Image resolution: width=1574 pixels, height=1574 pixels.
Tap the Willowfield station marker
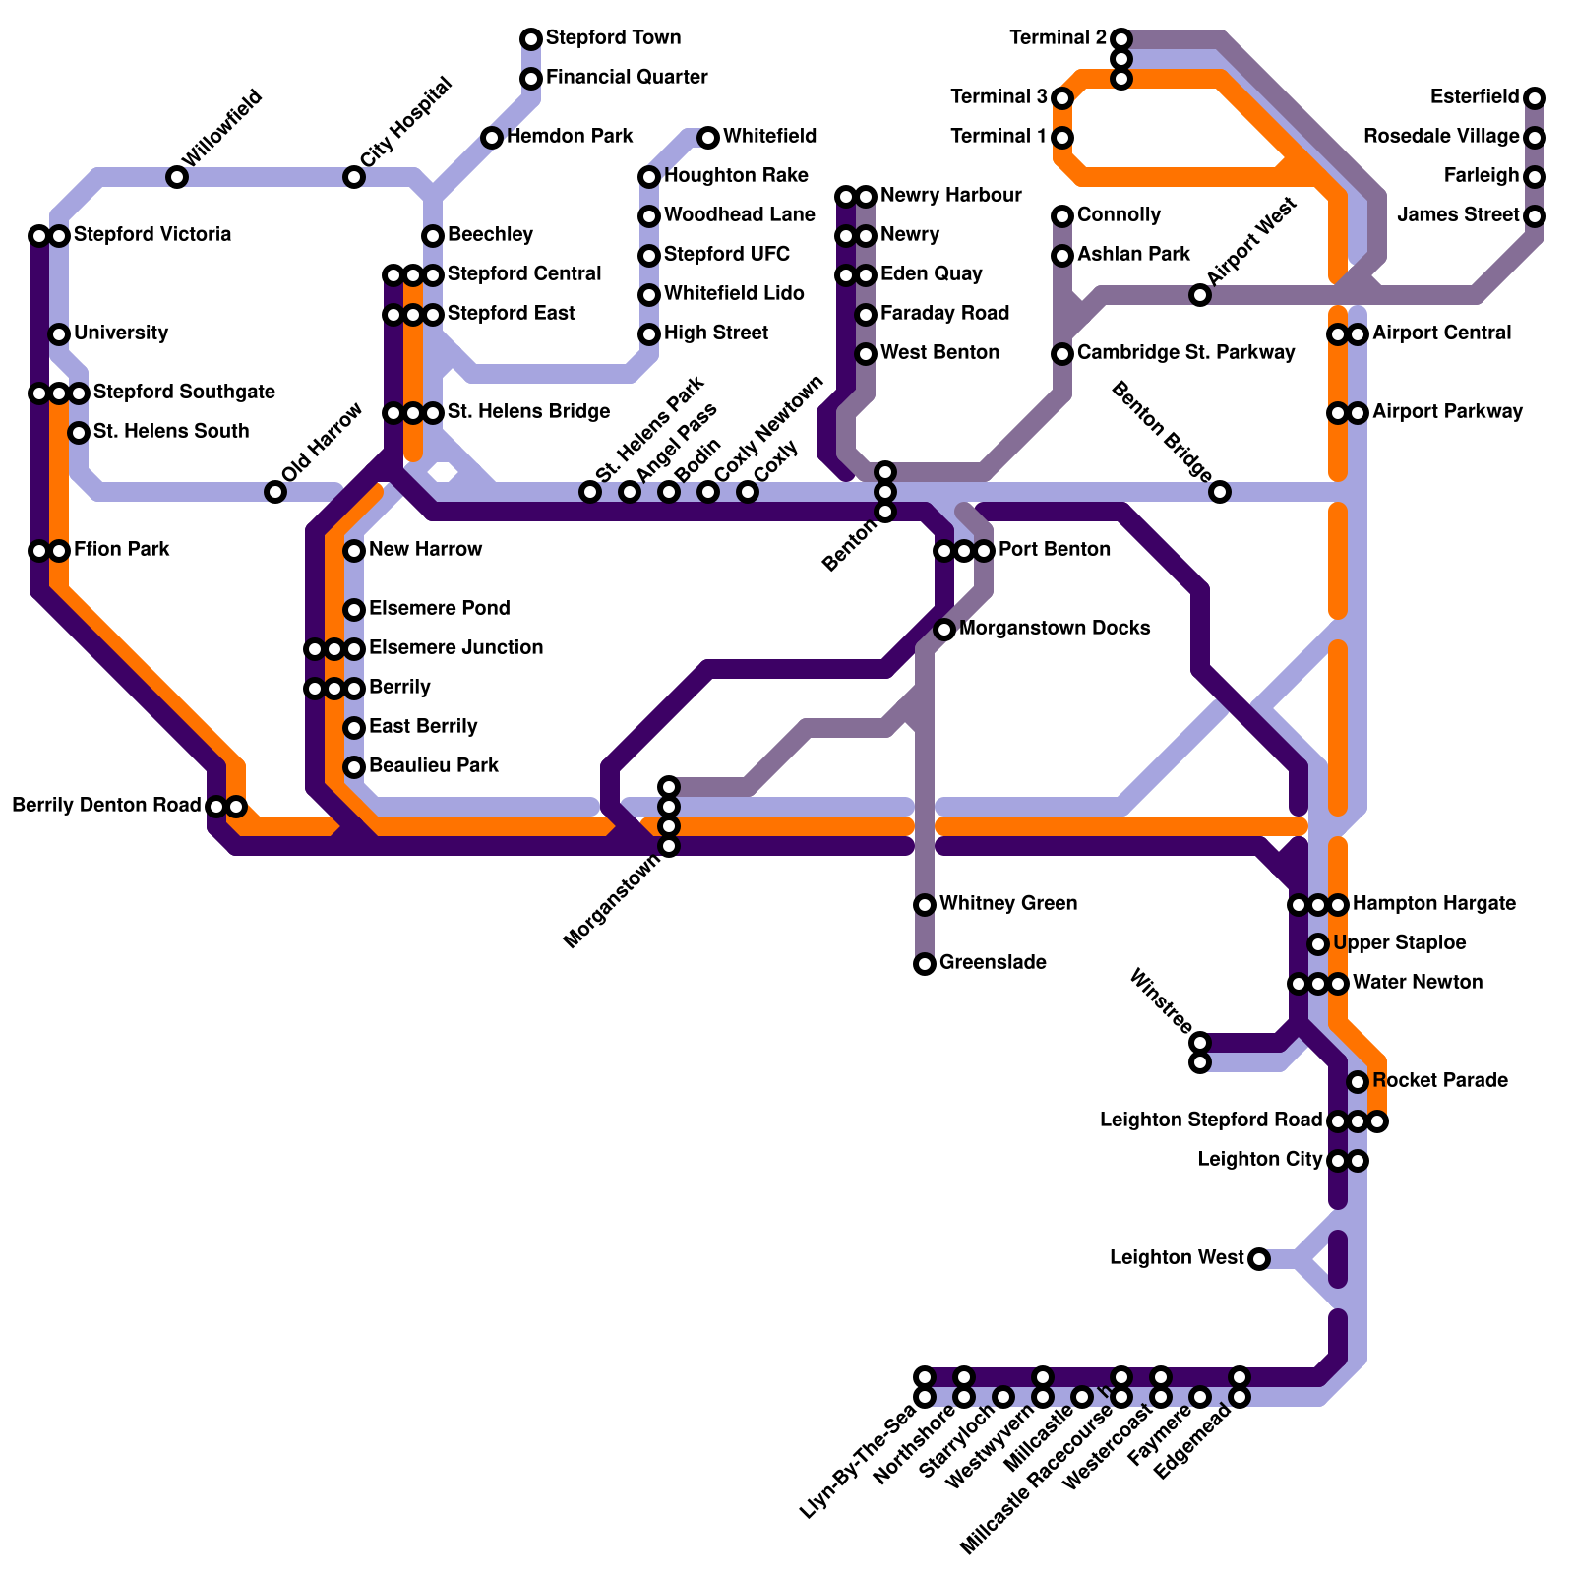[177, 177]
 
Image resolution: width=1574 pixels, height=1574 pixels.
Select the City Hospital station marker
[354, 177]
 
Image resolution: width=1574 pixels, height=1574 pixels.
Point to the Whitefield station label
[769, 137]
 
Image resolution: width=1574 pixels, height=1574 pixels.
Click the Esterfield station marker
[1535, 98]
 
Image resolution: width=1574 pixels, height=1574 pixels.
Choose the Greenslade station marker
[925, 964]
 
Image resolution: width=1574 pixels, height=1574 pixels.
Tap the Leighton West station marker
[1259, 1259]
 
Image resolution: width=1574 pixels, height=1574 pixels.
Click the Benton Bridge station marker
[1220, 492]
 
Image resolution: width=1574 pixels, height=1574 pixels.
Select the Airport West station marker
[1200, 295]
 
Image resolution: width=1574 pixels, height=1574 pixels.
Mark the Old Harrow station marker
[275, 492]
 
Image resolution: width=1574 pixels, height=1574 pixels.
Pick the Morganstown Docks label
[1055, 629]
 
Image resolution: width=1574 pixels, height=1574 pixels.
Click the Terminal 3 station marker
[1062, 98]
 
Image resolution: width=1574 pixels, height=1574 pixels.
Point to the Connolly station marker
[1062, 216]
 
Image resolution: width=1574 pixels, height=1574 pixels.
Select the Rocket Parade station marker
[1358, 1082]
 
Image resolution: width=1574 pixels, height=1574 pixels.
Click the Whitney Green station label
[1008, 904]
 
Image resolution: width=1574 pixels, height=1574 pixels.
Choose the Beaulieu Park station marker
[354, 767]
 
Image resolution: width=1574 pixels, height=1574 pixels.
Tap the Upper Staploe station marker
[1318, 944]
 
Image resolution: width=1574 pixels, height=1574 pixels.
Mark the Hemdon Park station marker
[492, 138]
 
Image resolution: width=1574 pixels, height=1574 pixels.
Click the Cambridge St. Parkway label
[1185, 353]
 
